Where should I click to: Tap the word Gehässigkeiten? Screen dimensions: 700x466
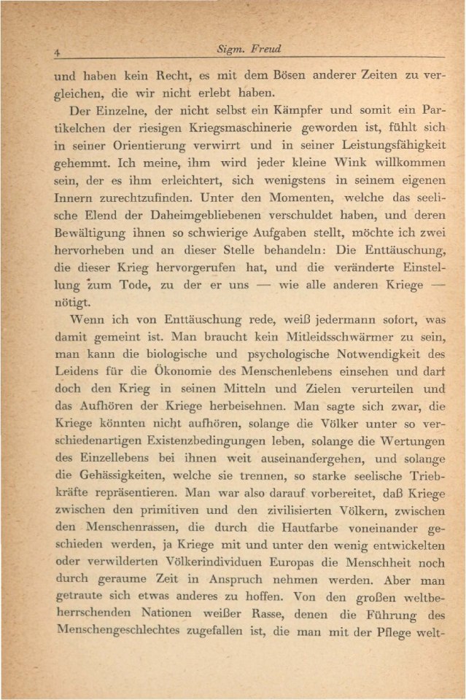coord(101,509)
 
